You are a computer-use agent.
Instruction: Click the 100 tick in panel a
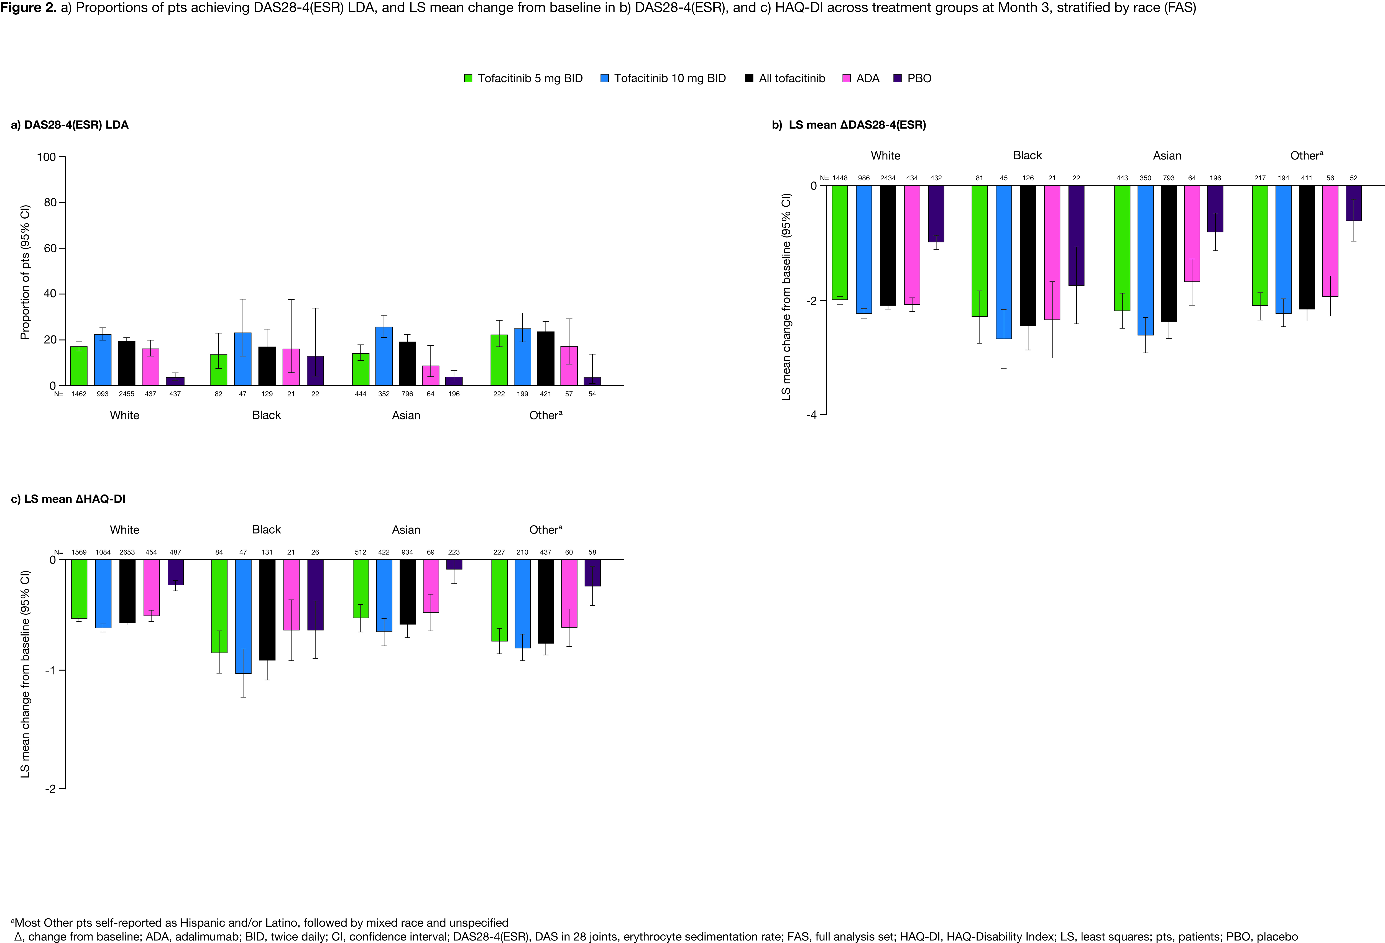[x=47, y=157]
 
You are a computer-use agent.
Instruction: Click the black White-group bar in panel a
[x=126, y=363]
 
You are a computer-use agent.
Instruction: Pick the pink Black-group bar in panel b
[x=1052, y=253]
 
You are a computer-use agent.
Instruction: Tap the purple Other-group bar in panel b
[x=1353, y=203]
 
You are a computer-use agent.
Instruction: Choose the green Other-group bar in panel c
[x=499, y=600]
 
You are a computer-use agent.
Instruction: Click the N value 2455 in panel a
[x=126, y=394]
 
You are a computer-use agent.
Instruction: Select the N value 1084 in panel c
[x=103, y=552]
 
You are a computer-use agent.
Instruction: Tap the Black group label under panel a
[x=266, y=415]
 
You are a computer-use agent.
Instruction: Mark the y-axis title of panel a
[x=25, y=272]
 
